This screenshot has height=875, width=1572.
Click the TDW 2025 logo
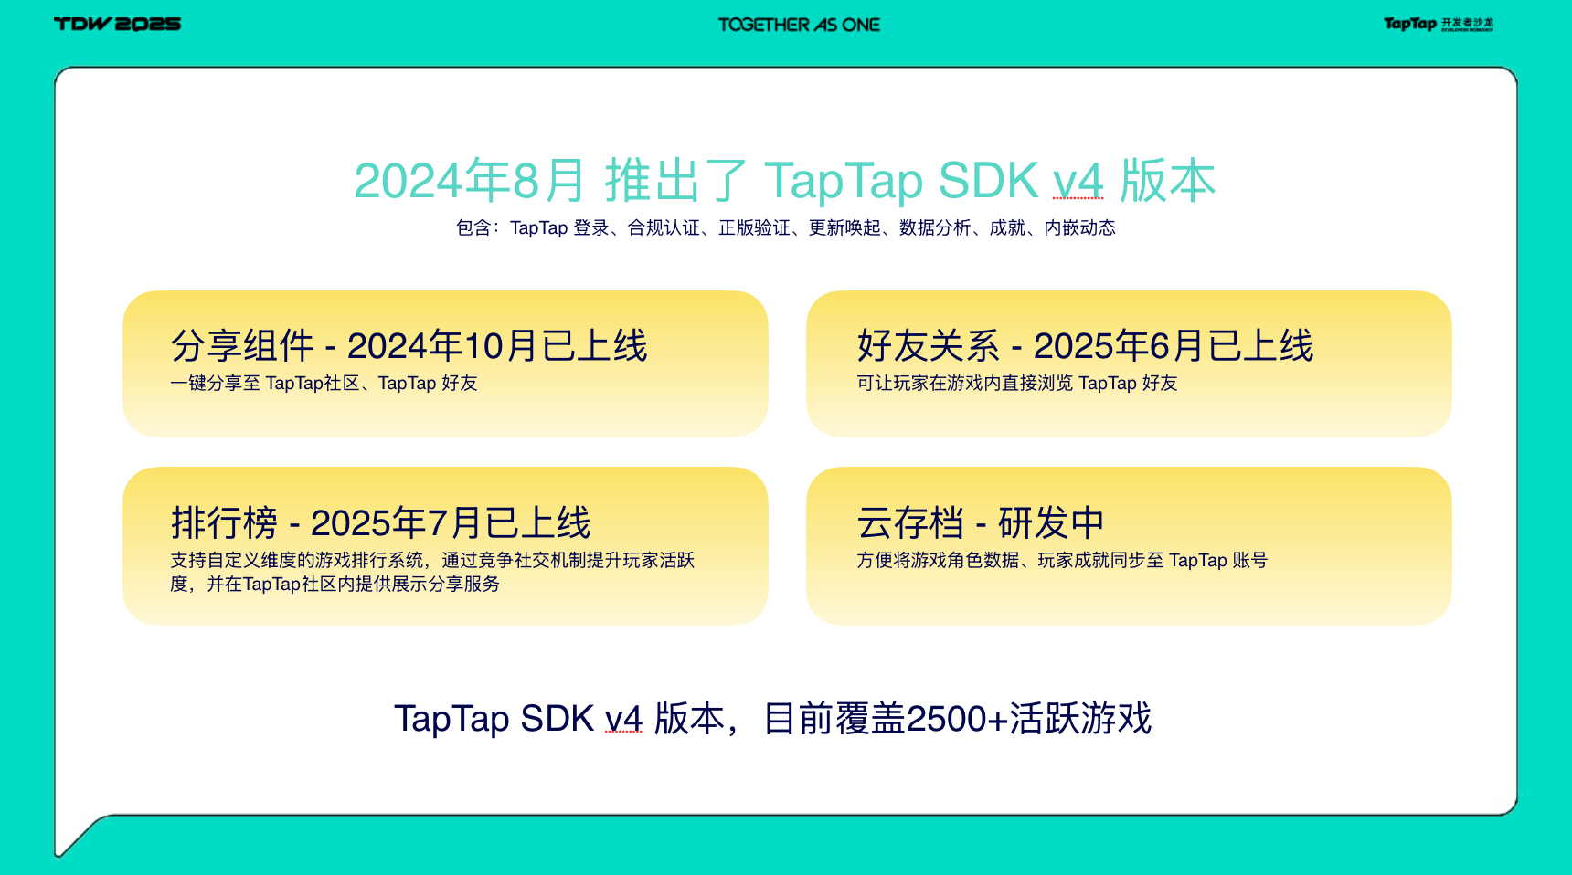[117, 24]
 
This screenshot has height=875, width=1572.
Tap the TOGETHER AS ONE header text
[799, 25]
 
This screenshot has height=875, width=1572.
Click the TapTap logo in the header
[1439, 24]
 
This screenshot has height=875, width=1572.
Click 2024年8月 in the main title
[469, 180]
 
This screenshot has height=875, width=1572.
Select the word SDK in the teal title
[988, 180]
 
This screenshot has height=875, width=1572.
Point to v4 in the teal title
[1078, 181]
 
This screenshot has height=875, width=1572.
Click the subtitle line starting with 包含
[786, 227]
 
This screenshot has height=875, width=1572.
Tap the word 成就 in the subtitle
[1007, 227]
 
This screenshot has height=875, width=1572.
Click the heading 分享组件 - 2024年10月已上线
[409, 346]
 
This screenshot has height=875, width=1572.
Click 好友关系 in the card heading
[929, 346]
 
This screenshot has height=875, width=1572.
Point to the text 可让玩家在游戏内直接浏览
[965, 383]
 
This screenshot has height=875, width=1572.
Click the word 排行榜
[224, 523]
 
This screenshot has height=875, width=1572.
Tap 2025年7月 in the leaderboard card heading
[396, 523]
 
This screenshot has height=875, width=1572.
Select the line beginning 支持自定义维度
[432, 560]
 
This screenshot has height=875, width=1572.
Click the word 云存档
[910, 523]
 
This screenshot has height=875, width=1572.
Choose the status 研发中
[1051, 523]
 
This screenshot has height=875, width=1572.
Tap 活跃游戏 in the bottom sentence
[1080, 719]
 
